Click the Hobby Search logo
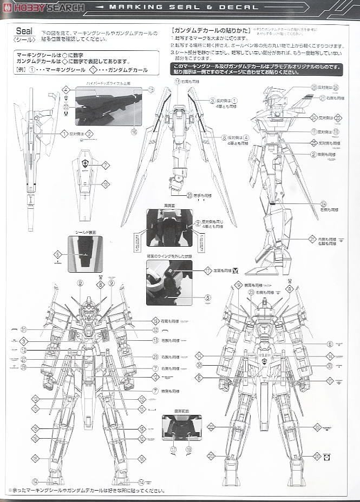pos(43,8)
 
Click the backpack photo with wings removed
pos(169,282)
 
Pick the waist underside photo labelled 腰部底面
pos(181,427)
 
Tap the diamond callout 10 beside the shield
pos(106,184)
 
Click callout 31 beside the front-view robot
pos(24,329)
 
